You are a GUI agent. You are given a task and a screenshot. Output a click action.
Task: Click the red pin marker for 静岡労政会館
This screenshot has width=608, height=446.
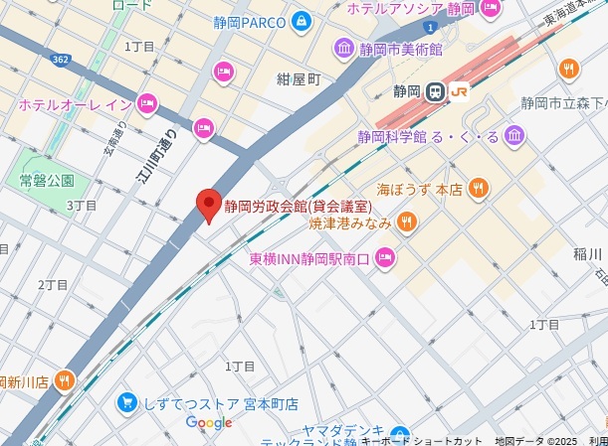(x=208, y=203)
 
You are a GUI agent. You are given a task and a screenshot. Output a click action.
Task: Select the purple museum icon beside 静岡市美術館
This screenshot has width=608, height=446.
(x=344, y=48)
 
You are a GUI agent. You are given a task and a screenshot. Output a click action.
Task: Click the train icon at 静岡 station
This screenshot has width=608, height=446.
(x=435, y=91)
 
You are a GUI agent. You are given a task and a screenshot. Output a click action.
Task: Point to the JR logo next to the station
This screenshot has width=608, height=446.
(x=459, y=91)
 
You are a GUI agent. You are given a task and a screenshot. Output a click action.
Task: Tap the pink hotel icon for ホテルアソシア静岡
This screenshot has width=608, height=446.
(x=490, y=9)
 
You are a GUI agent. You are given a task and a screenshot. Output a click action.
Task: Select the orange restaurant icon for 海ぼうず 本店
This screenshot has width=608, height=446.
(x=479, y=187)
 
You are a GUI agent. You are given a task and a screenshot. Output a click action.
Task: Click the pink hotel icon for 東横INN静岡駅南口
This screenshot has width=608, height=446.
(x=385, y=259)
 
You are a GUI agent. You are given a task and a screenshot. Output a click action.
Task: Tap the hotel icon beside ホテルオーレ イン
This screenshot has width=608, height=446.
(x=147, y=102)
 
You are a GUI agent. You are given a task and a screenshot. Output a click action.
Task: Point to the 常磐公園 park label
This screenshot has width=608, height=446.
(x=47, y=180)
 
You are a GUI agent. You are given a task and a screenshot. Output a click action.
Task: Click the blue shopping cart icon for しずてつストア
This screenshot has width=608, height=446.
(x=126, y=402)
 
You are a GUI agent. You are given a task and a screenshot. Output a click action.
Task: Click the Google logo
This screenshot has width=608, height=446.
(x=209, y=423)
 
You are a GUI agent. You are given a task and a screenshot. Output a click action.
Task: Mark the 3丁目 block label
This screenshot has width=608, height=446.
(x=82, y=205)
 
